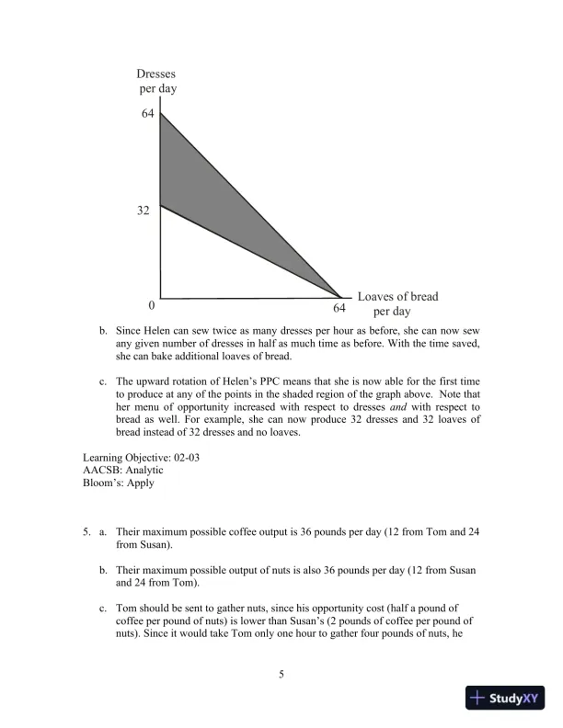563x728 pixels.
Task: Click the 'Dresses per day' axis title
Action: tap(156, 81)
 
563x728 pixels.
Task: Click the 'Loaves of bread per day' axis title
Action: tap(397, 304)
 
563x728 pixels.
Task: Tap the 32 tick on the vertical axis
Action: tap(144, 210)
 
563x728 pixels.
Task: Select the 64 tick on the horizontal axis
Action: tap(339, 308)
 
